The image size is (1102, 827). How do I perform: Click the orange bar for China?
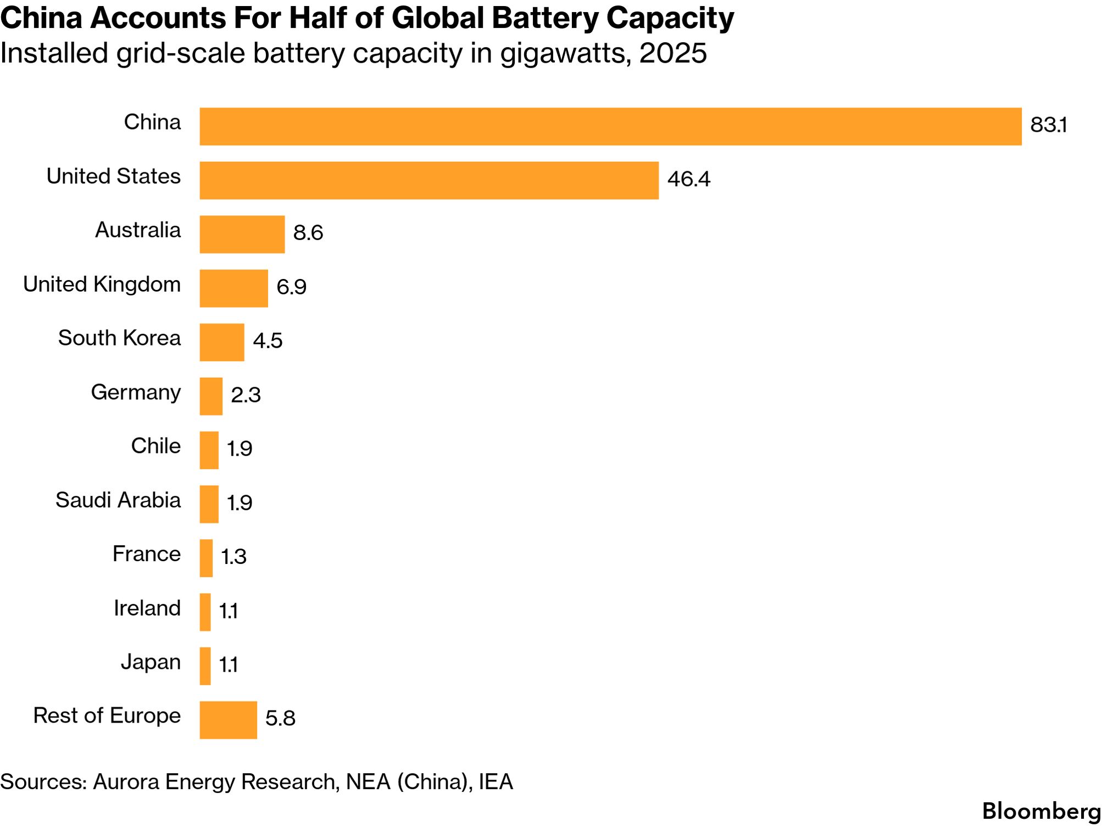[x=610, y=126]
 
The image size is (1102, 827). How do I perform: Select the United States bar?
[x=428, y=180]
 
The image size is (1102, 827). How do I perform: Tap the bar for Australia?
[x=242, y=234]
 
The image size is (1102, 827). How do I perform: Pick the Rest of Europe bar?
[x=228, y=720]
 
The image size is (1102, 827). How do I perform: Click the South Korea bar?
[x=221, y=342]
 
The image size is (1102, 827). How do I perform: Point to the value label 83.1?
[x=1048, y=125]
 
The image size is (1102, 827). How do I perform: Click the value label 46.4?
[x=688, y=179]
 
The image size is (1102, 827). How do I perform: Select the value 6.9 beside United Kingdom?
[x=291, y=287]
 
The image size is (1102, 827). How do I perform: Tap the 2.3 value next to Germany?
[x=246, y=395]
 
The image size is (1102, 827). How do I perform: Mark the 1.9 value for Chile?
[x=240, y=449]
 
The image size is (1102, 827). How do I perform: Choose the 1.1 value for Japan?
[x=229, y=665]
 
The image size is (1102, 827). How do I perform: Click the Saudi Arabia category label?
[x=118, y=500]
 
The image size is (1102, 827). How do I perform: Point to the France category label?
[x=146, y=554]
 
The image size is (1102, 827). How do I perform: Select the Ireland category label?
[x=147, y=608]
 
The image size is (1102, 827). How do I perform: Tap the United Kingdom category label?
[x=102, y=284]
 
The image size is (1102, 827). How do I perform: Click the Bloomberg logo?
[x=1041, y=811]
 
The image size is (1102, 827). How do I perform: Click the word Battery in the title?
[x=544, y=19]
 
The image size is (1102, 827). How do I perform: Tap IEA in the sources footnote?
[x=496, y=781]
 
